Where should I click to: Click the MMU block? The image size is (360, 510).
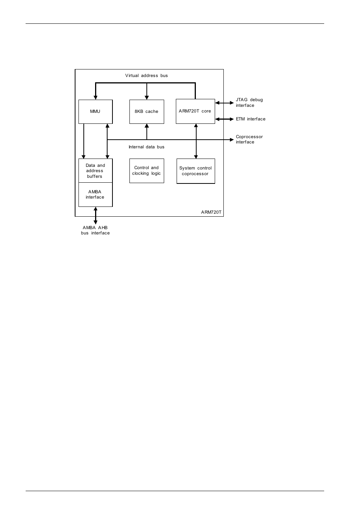tap(95, 112)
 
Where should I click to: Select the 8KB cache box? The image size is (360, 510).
tap(146, 112)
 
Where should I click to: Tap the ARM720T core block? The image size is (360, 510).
tap(195, 111)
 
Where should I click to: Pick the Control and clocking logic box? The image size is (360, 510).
tap(146, 171)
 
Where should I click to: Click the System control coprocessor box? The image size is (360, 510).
tap(195, 171)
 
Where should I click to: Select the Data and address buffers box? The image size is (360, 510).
tap(95, 171)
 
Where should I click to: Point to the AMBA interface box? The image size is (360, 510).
tap(95, 194)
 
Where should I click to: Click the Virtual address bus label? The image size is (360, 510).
tap(146, 75)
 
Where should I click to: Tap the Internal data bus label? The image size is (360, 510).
tap(146, 147)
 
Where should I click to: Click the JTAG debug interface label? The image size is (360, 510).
tap(249, 102)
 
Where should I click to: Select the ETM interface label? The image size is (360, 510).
tap(251, 119)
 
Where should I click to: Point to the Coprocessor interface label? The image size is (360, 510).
tap(249, 139)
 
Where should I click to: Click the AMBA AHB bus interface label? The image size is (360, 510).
tap(95, 230)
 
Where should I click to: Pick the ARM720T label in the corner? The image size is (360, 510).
tap(211, 212)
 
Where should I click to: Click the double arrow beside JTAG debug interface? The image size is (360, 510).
tap(225, 103)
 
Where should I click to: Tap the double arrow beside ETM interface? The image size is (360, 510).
tap(225, 119)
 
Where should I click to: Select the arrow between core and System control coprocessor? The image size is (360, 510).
tap(196, 141)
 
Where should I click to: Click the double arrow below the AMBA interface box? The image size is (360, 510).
tap(95, 216)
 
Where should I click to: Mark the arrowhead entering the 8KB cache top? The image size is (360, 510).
tap(147, 97)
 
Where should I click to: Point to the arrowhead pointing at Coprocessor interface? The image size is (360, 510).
tap(231, 140)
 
